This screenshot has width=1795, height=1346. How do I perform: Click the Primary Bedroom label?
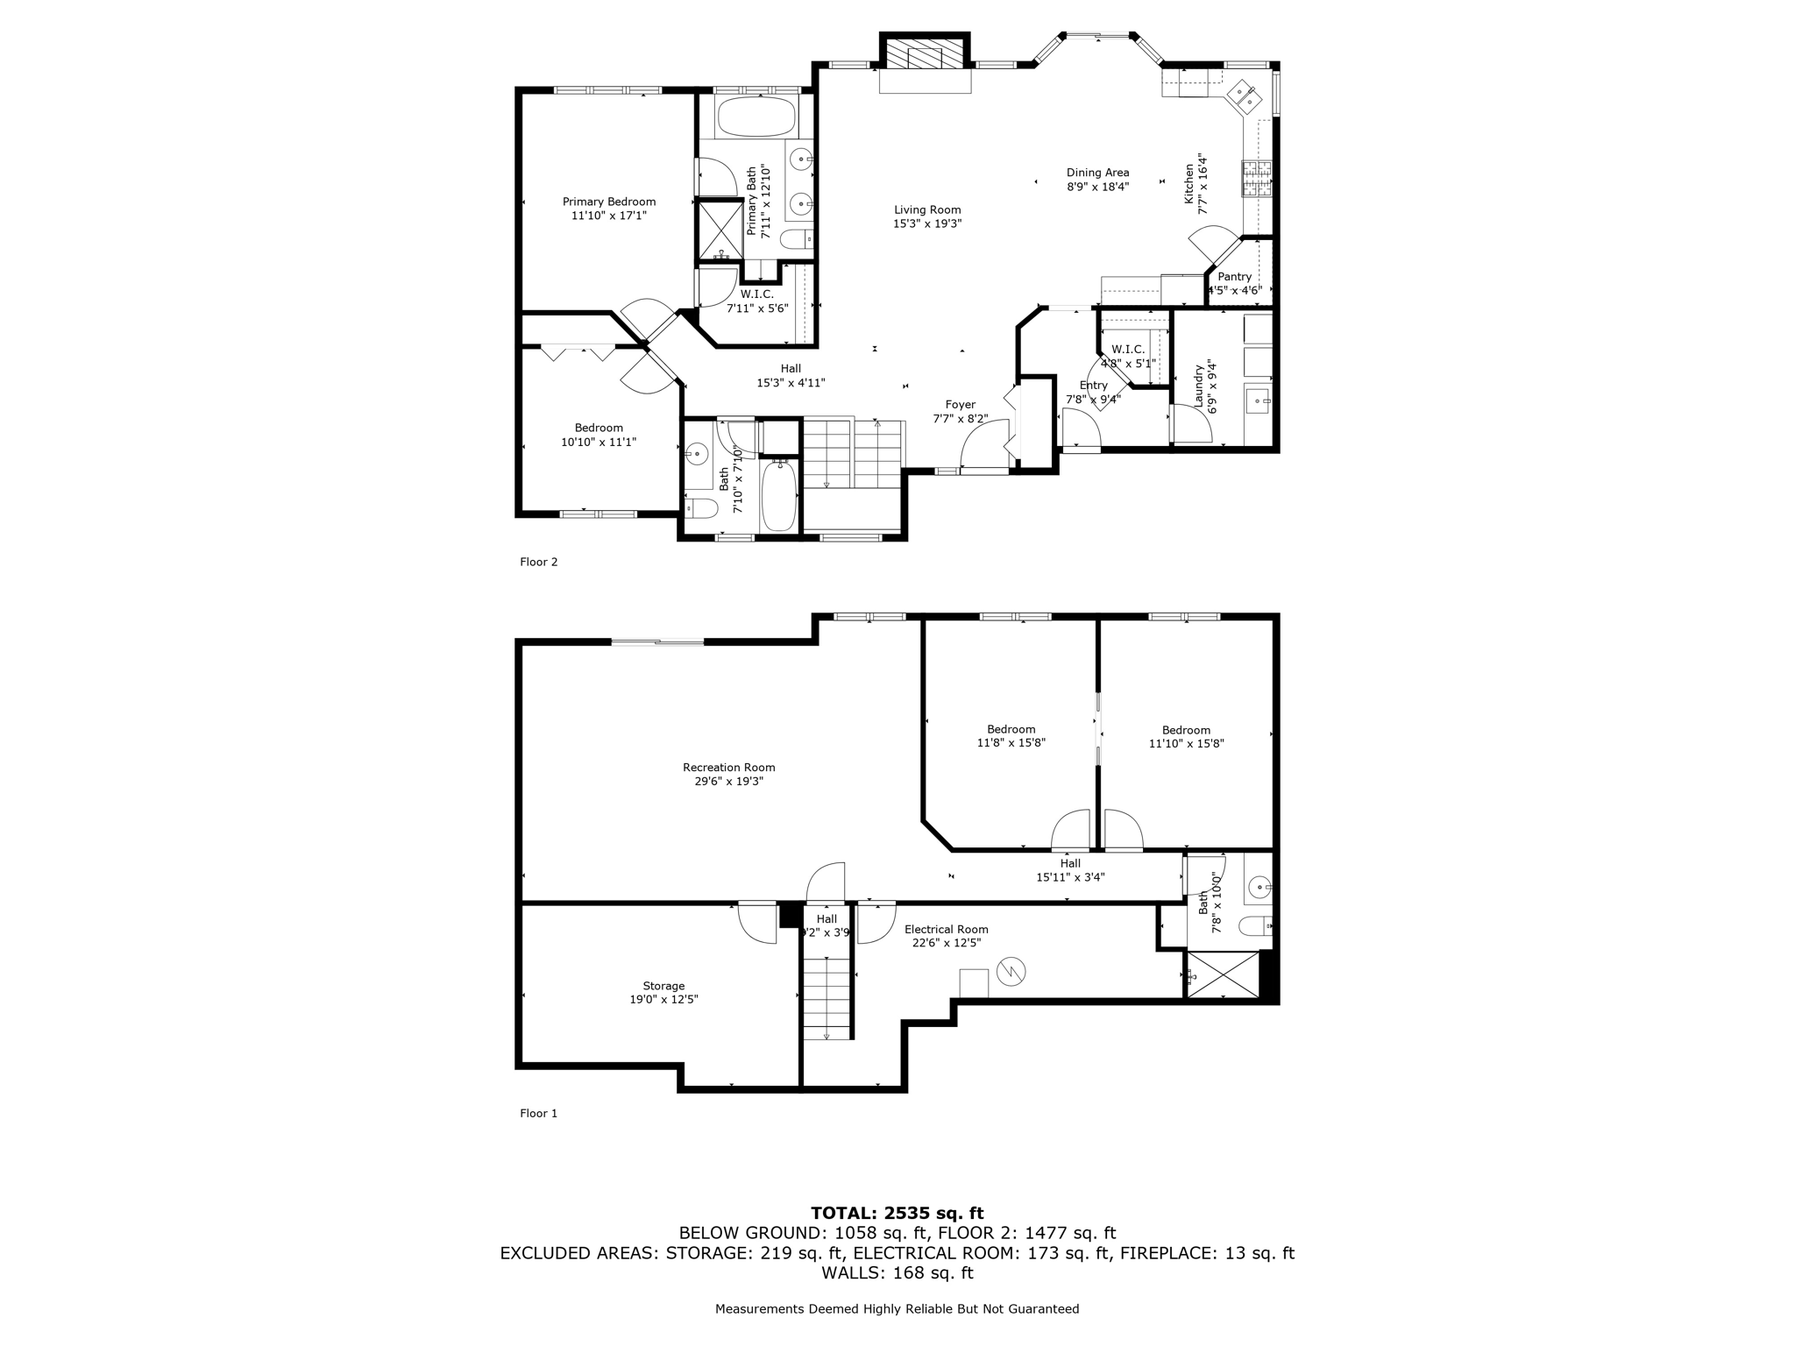point(608,202)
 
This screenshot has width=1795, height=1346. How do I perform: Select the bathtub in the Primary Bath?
point(756,117)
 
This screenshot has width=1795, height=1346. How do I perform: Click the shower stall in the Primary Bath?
point(719,230)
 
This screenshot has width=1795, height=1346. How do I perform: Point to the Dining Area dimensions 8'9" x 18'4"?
point(1097,187)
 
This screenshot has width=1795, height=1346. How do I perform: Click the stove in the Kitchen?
point(1256,178)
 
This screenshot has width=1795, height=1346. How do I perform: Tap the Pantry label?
point(1234,277)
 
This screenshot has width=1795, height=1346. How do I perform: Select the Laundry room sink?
point(1258,401)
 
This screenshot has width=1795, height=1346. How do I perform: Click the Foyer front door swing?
point(984,448)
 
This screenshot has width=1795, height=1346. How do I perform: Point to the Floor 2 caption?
point(538,562)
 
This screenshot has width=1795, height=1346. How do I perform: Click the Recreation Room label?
point(728,768)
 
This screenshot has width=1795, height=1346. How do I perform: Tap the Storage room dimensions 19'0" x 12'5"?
point(663,1000)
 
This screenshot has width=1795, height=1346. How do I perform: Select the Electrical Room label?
point(946,930)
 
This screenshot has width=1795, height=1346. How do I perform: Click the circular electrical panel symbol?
point(1011,971)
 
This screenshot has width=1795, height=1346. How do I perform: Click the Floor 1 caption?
point(538,1113)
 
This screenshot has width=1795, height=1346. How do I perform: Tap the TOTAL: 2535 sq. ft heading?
point(897,1214)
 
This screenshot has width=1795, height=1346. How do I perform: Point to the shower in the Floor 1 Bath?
point(1222,974)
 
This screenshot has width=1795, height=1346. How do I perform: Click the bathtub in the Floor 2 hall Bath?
point(778,495)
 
